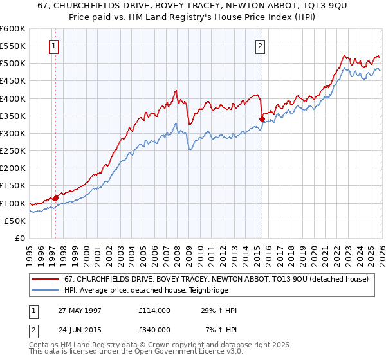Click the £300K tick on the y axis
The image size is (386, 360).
13,133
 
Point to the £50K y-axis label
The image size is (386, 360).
15,221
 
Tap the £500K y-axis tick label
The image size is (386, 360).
13,63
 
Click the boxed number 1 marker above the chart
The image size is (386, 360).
53,46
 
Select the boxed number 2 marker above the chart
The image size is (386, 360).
260,46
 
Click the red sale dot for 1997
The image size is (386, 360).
56,198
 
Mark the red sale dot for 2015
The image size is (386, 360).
262,119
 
